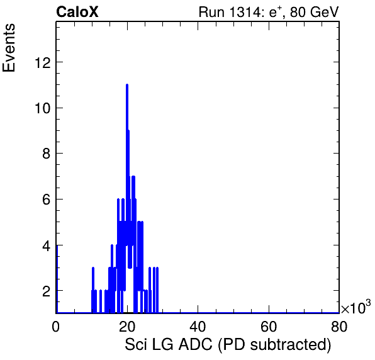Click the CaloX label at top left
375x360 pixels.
[77, 12]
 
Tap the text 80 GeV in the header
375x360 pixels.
[315, 12]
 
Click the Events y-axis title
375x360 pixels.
[9, 48]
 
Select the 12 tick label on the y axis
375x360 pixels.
[43, 63]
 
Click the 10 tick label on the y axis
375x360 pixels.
[43, 108]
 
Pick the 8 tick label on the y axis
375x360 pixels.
[47, 154]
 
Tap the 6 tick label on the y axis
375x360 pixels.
[47, 200]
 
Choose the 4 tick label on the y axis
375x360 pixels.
[47, 245]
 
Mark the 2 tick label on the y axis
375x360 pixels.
[47, 291]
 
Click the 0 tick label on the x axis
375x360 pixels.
[55, 326]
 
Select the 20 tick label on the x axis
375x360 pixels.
[127, 326]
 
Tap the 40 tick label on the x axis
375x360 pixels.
[198, 326]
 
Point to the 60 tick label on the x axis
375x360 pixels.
[269, 326]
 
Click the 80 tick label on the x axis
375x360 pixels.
[339, 326]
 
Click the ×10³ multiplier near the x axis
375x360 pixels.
[356, 307]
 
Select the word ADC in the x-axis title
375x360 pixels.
[196, 344]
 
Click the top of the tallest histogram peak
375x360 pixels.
[127, 85]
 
